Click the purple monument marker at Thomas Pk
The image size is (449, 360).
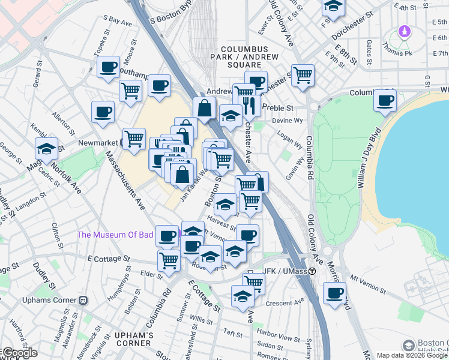coord(405,31)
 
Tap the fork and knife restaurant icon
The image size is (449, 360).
coord(250,106)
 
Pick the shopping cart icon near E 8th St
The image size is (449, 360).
coord(303,75)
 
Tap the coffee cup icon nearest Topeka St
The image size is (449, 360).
coord(108,67)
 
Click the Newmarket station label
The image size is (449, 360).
coord(99,143)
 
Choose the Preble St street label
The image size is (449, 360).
coord(281,108)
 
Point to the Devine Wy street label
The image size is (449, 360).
coord(286,121)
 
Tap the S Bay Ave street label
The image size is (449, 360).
coord(118,22)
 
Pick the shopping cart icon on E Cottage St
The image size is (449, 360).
coord(169,260)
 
